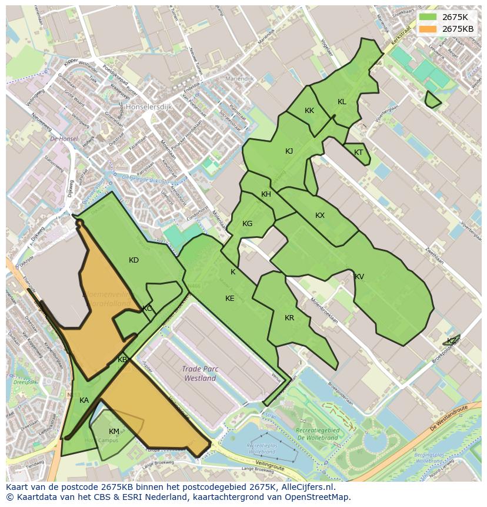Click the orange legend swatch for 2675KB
click(428, 29)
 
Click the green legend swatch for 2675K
click(428, 17)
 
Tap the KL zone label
click(342, 102)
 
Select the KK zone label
click(309, 111)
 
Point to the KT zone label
click(359, 153)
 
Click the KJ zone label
click(289, 151)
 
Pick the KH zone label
click(266, 194)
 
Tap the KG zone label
click(247, 224)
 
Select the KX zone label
click(320, 216)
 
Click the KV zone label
click(359, 277)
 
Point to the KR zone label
click(289, 318)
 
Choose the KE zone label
click(230, 299)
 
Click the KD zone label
click(134, 260)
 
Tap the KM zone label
click(114, 432)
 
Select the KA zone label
click(84, 400)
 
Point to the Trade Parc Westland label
click(200, 374)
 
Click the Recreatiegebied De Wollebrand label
click(318, 434)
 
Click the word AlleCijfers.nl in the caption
click(306, 488)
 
